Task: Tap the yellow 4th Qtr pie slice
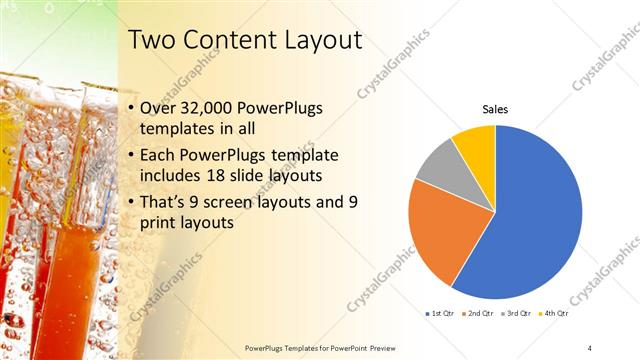[x=476, y=146]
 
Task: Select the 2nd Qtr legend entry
[x=479, y=314]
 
